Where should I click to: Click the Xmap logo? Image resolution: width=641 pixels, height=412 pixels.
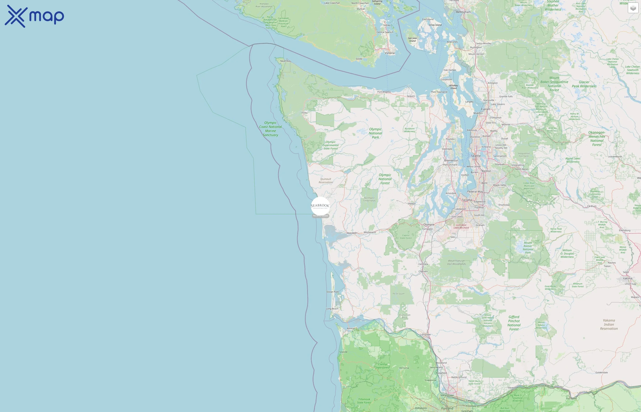[34, 16]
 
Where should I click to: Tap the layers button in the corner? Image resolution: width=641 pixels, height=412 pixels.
[633, 8]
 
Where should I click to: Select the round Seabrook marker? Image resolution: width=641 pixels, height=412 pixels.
[320, 206]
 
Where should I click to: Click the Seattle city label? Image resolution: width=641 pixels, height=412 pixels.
[476, 156]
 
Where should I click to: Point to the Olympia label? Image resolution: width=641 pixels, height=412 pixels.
[429, 225]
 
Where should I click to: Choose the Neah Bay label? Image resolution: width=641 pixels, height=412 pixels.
[285, 61]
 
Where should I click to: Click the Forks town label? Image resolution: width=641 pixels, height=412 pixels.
[304, 113]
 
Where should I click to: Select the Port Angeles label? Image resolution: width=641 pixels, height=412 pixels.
[384, 92]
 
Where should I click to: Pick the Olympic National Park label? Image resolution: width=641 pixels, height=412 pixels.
[375, 133]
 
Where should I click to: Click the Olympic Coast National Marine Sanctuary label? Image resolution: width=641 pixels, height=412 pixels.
[270, 129]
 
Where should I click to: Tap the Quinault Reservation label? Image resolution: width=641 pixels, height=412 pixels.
[326, 181]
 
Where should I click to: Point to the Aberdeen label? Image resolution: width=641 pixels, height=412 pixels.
[352, 233]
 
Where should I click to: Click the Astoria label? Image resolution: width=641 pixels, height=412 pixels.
[350, 328]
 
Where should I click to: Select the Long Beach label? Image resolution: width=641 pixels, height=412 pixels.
[332, 309]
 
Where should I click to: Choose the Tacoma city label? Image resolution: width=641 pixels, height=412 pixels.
[467, 200]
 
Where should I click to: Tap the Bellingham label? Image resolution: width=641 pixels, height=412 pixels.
[463, 12]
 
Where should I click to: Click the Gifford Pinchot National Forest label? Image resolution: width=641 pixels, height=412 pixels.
[514, 323]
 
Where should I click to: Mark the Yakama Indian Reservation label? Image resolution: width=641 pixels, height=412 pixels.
[609, 324]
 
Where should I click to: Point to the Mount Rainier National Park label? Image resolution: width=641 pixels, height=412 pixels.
[528, 247]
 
